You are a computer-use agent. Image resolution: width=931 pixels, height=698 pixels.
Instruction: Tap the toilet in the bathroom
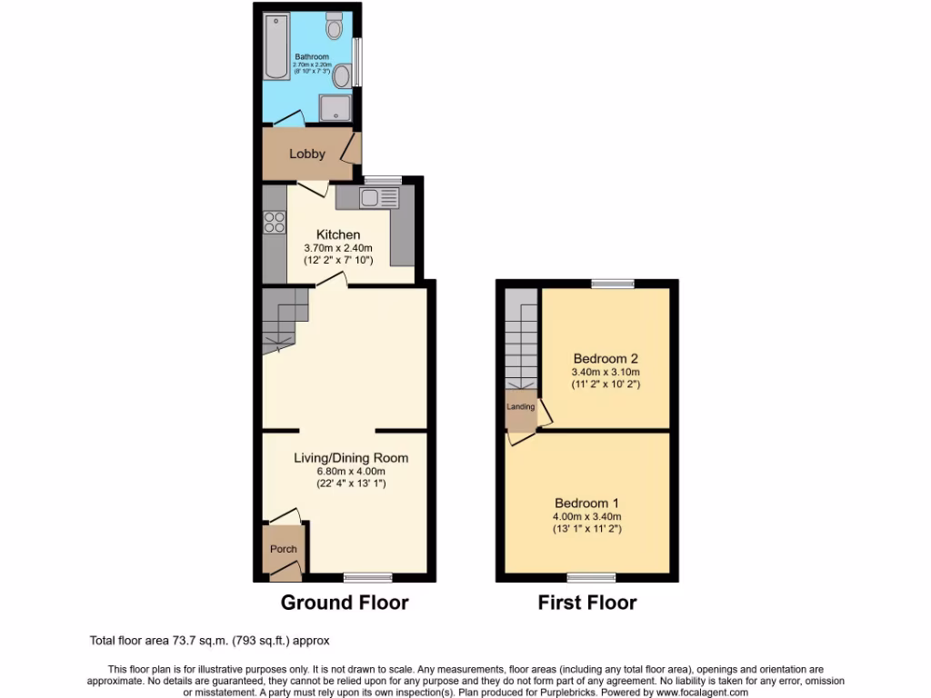[x=334, y=27]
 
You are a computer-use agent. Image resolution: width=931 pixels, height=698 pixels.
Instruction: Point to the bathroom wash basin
[x=343, y=75]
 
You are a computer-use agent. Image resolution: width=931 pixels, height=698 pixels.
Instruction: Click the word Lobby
[x=307, y=154]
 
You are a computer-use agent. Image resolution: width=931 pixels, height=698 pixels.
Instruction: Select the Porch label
[x=284, y=549]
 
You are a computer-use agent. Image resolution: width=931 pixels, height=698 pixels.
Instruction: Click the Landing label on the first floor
[x=521, y=406]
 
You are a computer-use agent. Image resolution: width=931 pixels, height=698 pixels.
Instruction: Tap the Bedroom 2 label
[x=605, y=358]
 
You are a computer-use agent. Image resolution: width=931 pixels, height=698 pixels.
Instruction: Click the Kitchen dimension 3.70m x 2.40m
[x=337, y=248]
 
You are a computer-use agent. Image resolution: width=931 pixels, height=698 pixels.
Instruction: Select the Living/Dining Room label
[x=350, y=458]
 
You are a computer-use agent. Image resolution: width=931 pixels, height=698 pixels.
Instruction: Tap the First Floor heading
[x=586, y=602]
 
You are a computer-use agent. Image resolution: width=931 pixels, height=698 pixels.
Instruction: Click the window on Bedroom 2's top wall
[x=613, y=284]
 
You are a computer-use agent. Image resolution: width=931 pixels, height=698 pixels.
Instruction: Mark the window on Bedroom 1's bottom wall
[x=591, y=577]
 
